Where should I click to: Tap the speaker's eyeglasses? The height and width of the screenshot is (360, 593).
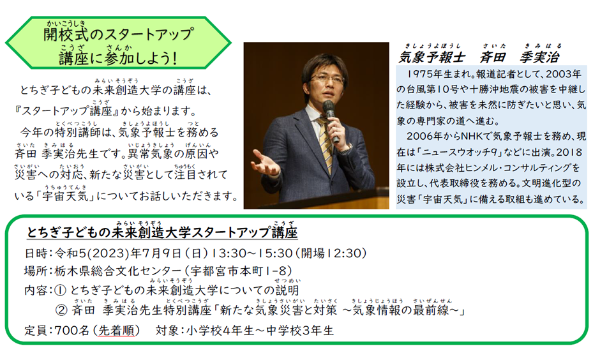pyautogui.click(x=327, y=79)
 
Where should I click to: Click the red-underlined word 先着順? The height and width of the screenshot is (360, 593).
pyautogui.click(x=116, y=331)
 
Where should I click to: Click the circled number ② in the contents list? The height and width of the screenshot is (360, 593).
pyautogui.click(x=61, y=310)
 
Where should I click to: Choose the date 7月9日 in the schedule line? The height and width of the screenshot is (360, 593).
pyautogui.click(x=156, y=253)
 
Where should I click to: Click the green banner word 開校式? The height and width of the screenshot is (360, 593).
pyautogui.click(x=67, y=35)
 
